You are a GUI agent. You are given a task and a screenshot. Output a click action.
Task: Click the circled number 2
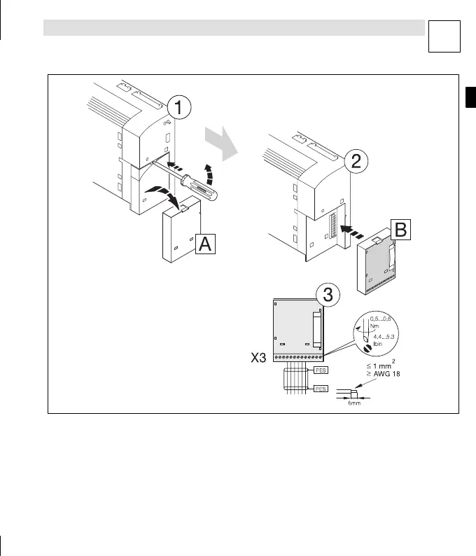click(356, 162)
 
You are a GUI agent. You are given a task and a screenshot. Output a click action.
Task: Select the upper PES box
click(321, 369)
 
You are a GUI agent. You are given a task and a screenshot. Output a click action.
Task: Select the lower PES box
click(321, 388)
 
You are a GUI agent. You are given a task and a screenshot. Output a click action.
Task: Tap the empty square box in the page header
click(446, 36)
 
